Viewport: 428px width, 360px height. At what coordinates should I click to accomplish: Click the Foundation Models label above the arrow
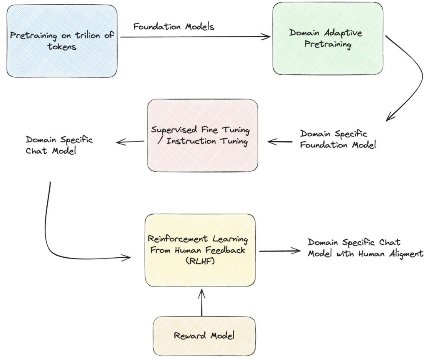(x=174, y=27)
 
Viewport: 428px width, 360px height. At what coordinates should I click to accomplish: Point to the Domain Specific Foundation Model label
(x=338, y=139)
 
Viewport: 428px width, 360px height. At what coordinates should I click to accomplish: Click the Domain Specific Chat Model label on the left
(x=59, y=145)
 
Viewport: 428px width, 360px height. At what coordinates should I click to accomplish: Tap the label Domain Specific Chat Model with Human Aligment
(x=365, y=248)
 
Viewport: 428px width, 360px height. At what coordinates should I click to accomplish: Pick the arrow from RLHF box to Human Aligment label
(x=279, y=251)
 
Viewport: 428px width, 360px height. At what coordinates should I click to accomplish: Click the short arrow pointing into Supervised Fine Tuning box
(x=280, y=142)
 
